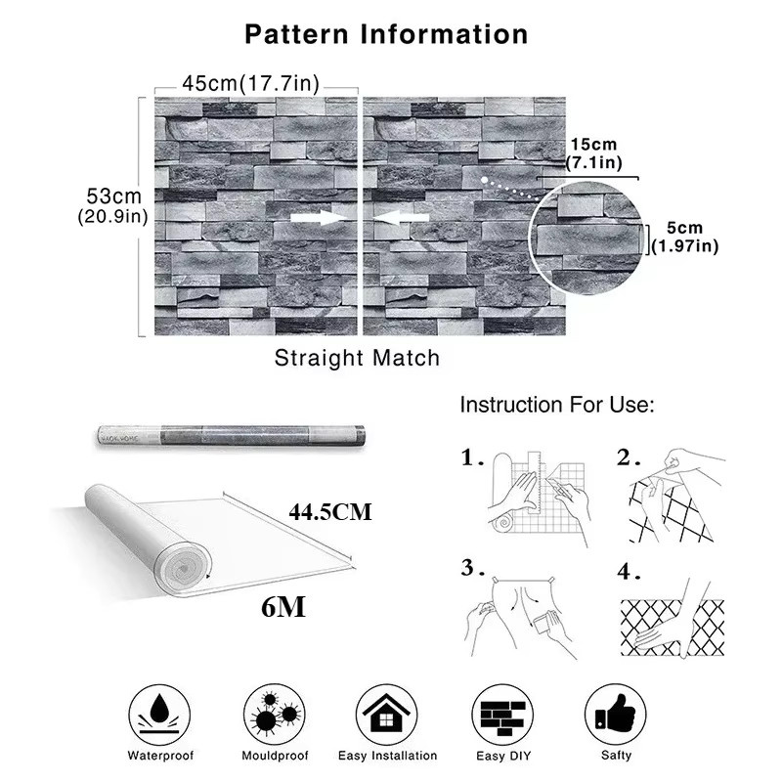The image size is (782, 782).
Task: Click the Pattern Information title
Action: point(386,34)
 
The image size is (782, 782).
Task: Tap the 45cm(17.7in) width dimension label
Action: point(251,83)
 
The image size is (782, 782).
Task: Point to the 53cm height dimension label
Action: point(113,196)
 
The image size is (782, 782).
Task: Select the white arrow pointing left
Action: point(401,217)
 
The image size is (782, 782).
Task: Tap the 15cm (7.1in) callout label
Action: point(594,153)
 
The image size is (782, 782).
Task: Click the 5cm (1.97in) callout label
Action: point(685,237)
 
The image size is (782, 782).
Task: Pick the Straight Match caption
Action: point(357,358)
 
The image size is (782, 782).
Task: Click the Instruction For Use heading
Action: point(556,405)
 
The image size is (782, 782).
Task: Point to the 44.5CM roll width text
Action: point(330,512)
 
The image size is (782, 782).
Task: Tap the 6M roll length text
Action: point(283,607)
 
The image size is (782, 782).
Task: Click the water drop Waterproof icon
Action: point(159,716)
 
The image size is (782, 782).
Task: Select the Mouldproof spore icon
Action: point(275,716)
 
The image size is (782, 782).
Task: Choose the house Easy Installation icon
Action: point(387,716)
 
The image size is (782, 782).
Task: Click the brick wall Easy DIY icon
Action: point(502,716)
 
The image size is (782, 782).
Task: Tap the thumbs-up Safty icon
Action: point(616,716)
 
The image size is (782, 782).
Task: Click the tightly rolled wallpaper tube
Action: point(231,435)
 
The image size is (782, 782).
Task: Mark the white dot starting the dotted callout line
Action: point(484,180)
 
